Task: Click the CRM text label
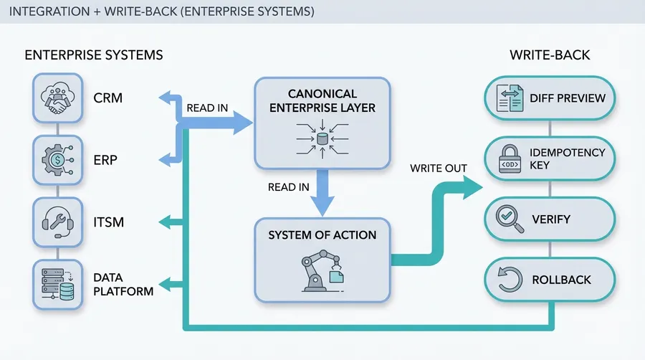108,98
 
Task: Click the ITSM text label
108,222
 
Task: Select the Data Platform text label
123,284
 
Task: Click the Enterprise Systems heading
94,55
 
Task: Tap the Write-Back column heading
550,55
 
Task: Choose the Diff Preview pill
550,98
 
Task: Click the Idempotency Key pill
550,159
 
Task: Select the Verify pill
550,219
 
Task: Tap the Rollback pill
550,280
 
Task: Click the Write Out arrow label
439,169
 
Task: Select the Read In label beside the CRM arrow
207,108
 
